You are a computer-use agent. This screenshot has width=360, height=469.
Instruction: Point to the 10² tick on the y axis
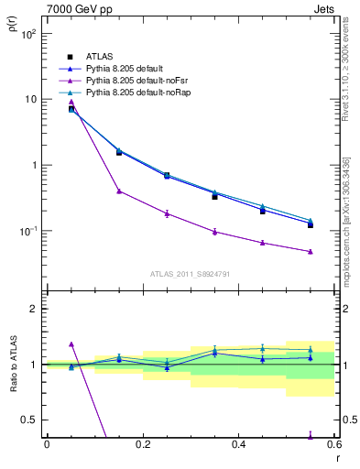click(x=27, y=34)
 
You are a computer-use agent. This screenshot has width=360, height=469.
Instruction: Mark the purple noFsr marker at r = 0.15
click(x=119, y=191)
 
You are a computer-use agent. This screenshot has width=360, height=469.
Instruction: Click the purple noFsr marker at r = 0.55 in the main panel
click(x=311, y=251)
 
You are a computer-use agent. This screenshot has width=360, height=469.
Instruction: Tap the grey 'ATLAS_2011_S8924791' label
click(x=191, y=273)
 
